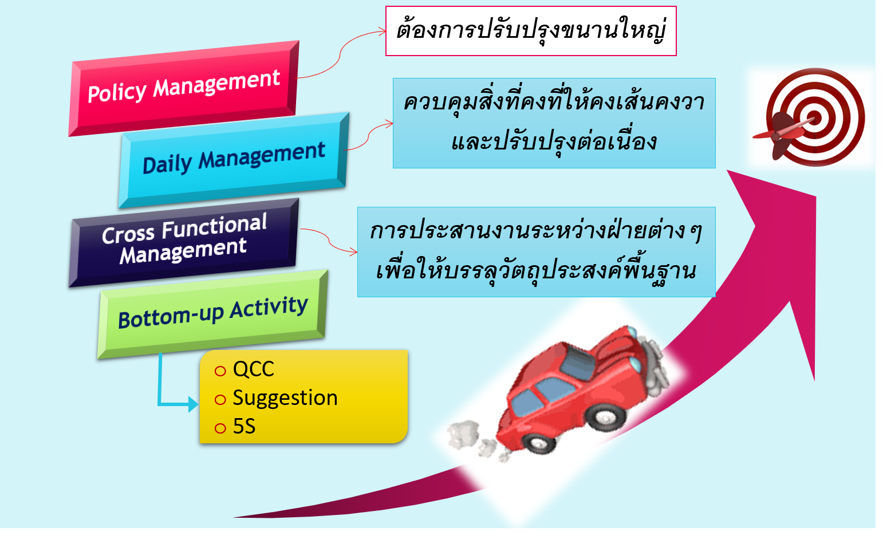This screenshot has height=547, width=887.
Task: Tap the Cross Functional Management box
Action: click(183, 241)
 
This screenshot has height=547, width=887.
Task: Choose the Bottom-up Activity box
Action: click(212, 313)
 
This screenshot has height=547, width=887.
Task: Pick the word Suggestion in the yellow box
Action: click(285, 398)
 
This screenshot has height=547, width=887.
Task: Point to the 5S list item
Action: click(244, 427)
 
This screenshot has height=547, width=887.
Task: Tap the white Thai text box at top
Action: click(531, 31)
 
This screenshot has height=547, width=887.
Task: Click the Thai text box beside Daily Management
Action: click(554, 123)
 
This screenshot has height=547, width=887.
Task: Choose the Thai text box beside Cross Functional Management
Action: click(536, 251)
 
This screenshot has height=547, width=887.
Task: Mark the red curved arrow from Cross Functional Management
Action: click(329, 241)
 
